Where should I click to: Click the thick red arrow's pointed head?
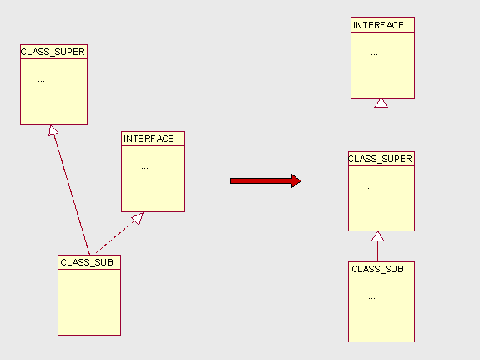point(296,180)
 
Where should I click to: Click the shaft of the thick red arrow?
point(261,180)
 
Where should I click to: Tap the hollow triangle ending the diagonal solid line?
point(53,130)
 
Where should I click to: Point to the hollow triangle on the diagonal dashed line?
point(138,218)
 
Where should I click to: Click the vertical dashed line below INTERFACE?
point(381,129)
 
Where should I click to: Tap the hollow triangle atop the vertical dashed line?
point(381,103)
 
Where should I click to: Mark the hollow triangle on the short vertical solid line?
point(378,236)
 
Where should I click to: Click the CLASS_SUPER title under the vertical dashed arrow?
point(380,159)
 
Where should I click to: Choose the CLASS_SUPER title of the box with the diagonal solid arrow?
point(53,52)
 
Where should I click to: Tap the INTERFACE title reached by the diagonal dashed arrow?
point(149,139)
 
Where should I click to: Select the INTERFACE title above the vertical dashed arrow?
point(378,25)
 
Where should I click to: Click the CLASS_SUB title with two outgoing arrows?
point(87,262)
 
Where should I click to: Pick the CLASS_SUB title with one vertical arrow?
point(378,269)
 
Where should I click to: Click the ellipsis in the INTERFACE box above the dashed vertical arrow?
point(374,55)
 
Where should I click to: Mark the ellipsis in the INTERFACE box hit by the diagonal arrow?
point(144,168)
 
